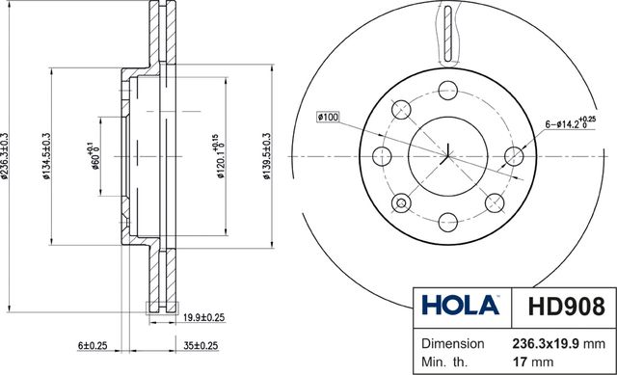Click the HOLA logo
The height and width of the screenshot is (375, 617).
[461, 305]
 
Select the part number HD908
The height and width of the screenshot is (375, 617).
[566, 307]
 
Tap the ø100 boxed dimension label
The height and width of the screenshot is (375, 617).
[328, 117]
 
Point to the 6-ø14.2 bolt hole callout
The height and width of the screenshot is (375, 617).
[570, 123]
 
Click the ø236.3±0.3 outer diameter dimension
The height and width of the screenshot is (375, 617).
[4, 156]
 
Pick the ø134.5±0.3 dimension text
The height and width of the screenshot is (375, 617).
[47, 156]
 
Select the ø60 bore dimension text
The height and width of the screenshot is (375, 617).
[94, 156]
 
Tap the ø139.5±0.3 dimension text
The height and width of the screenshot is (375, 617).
[267, 156]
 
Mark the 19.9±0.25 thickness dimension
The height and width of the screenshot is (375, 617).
[203, 317]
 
